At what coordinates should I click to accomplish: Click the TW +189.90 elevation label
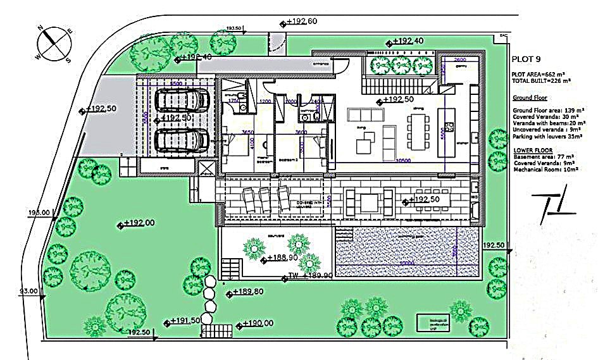pos(310,276)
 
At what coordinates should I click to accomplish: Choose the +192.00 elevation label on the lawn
pos(139,223)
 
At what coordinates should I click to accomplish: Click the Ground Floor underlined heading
pos(530,98)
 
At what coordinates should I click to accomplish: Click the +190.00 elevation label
pos(259,323)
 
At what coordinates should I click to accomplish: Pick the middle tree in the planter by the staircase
pos(401,65)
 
